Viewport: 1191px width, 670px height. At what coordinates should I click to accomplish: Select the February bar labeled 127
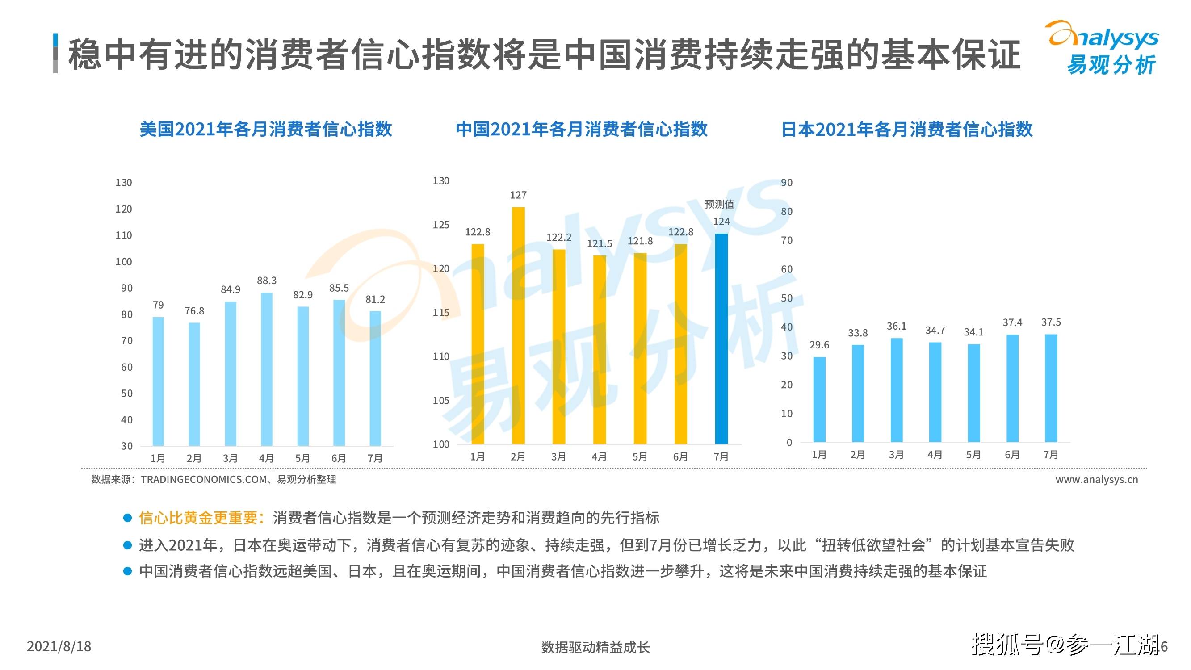[x=518, y=326]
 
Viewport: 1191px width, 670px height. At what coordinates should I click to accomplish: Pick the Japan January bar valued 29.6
[x=819, y=399]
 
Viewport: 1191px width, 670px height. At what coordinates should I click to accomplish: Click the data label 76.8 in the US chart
[x=194, y=311]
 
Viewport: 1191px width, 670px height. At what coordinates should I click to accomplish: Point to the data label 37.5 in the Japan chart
[x=1050, y=322]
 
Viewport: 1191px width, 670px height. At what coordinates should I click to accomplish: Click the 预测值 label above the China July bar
[x=719, y=204]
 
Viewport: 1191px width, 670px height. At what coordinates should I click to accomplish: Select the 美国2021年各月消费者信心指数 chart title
[x=266, y=129]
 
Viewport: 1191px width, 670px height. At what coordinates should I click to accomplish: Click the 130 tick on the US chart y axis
[x=123, y=183]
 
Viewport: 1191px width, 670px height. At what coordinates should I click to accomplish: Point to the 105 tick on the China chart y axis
[x=440, y=400]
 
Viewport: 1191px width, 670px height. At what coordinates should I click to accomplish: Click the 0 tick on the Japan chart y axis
[x=789, y=443]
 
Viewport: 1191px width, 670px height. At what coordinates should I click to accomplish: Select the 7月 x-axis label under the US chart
[x=375, y=458]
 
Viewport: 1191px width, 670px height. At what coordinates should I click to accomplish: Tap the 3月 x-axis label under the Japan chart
[x=896, y=455]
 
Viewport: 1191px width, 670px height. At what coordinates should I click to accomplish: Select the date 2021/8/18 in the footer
[x=59, y=646]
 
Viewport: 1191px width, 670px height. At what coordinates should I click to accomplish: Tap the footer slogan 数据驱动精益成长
[x=595, y=647]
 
